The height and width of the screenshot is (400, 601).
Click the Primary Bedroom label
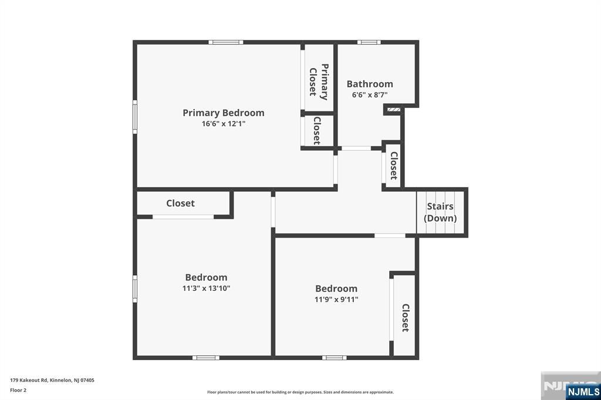tap(224, 113)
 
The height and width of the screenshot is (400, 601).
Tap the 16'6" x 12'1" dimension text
tap(224, 124)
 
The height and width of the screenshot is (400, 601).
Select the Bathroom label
tap(370, 84)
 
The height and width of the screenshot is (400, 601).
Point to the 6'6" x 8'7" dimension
tap(370, 94)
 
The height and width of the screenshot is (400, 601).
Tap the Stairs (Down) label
tap(440, 212)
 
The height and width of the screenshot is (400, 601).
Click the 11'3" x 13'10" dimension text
tap(206, 288)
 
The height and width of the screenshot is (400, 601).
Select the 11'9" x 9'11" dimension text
tap(336, 299)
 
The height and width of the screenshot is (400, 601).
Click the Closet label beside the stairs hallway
tap(394, 165)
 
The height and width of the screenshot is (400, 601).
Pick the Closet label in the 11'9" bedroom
tap(406, 318)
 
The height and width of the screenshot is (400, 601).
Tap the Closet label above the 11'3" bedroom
tap(181, 203)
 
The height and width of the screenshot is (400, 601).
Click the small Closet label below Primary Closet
tap(317, 131)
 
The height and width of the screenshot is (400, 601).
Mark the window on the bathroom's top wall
tap(369, 42)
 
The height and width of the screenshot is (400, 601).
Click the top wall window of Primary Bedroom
tap(226, 42)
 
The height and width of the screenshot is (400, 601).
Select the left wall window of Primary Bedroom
tap(135, 117)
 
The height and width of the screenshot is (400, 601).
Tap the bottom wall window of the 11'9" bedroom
tap(334, 358)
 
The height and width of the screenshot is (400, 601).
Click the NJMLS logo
tap(583, 392)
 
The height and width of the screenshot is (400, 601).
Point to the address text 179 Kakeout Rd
tap(29, 381)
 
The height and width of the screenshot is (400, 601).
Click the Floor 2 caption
tap(18, 391)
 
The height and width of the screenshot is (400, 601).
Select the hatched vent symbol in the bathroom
tap(394, 110)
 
